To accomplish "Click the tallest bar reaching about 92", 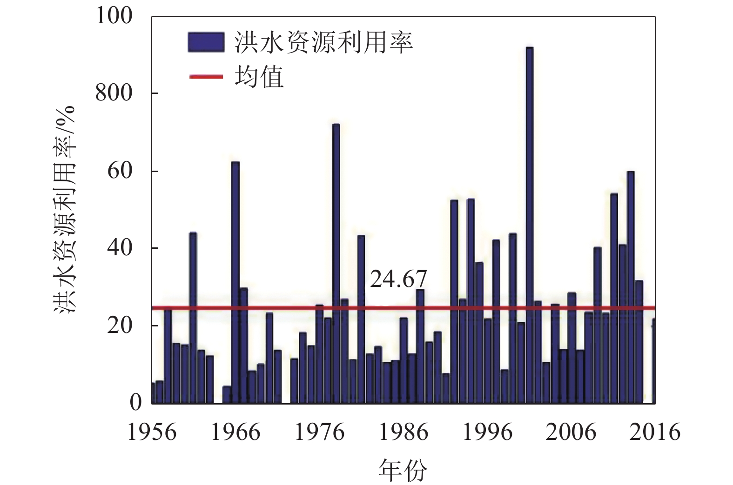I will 529,223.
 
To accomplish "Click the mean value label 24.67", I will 398,279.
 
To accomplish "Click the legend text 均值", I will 259,77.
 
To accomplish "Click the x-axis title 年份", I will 403,470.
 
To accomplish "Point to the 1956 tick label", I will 152,432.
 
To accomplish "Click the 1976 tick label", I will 320,432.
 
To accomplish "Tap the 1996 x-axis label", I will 487,432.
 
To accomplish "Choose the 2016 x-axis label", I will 655,432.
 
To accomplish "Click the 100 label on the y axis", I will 114,16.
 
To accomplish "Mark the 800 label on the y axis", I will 114,93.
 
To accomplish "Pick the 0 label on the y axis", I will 135,402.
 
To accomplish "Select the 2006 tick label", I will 571,432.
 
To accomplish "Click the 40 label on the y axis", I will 120,248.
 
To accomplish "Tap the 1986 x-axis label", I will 403,432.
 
